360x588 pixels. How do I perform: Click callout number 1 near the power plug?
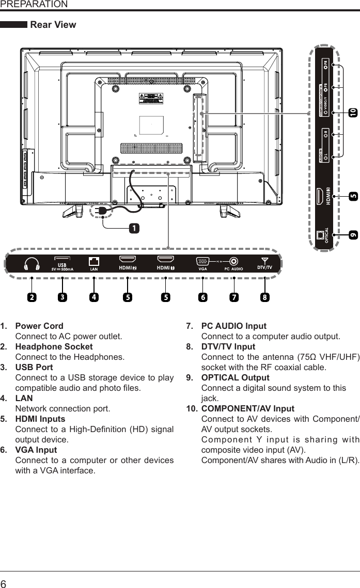(x=134, y=228)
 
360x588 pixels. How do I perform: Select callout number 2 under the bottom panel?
(x=32, y=297)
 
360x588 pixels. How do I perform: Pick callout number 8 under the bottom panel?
(x=264, y=297)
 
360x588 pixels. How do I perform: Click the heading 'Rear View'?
(x=53, y=25)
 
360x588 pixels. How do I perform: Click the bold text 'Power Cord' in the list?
(x=39, y=326)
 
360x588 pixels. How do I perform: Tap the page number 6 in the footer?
(x=5, y=582)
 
